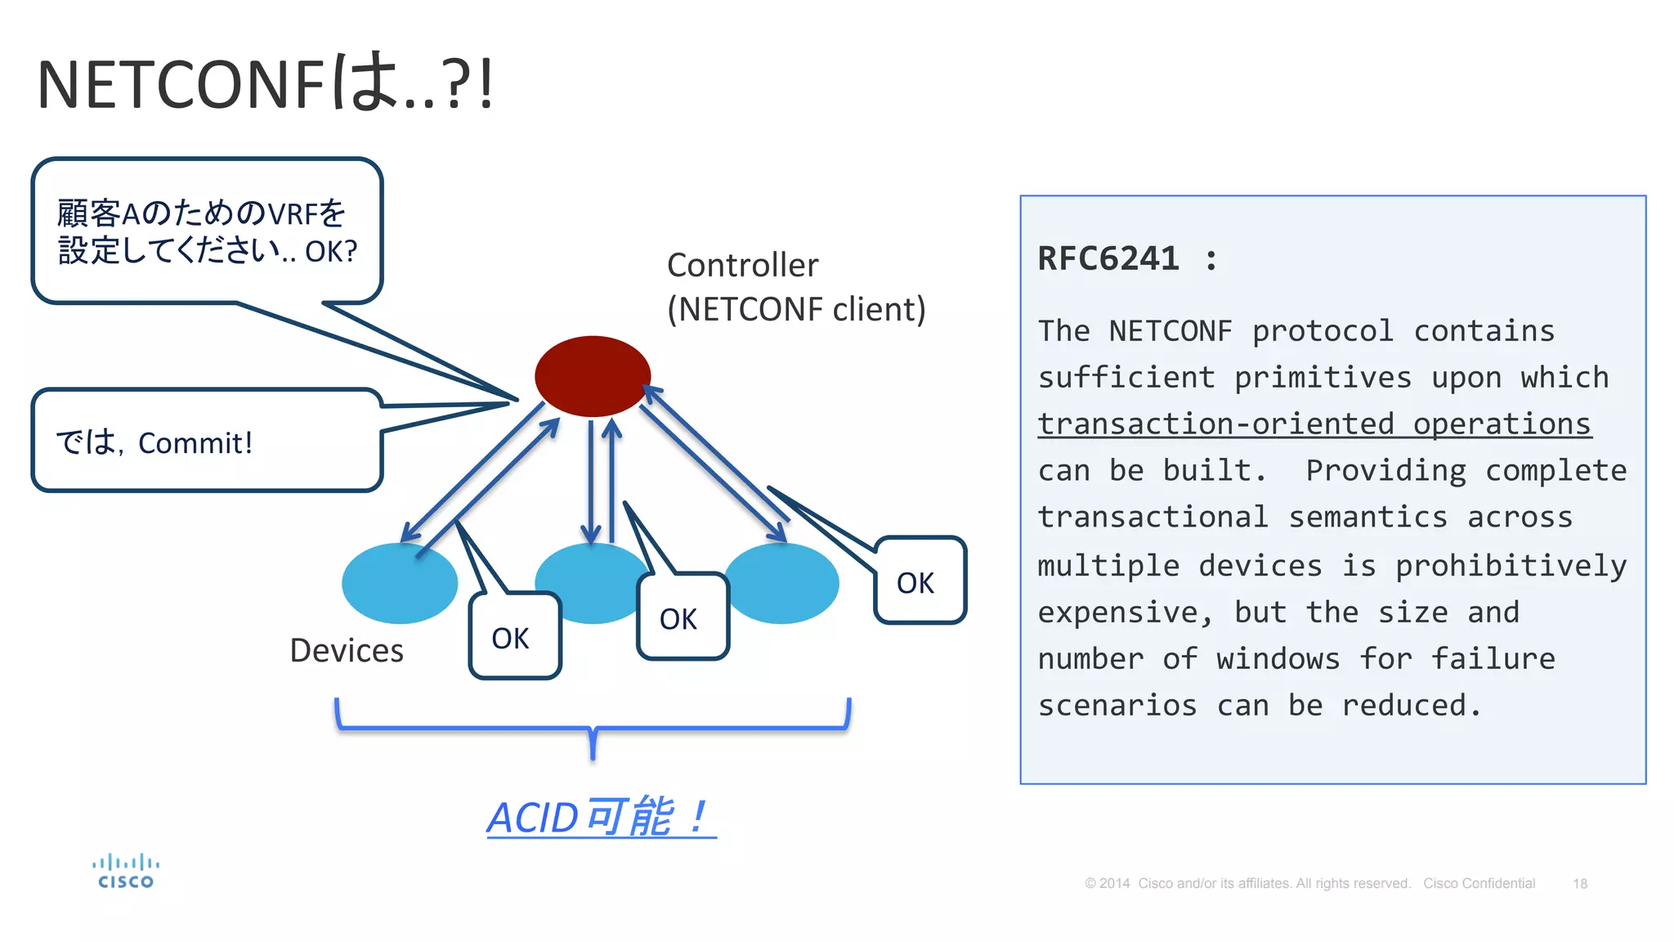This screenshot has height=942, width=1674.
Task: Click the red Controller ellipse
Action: [593, 376]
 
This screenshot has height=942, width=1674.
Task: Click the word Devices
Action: [347, 651]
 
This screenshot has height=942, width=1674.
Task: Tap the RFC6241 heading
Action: [1108, 259]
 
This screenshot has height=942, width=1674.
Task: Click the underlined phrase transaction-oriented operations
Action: [1314, 424]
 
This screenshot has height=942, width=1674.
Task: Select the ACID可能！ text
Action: [601, 817]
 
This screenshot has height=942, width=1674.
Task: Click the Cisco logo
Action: [125, 872]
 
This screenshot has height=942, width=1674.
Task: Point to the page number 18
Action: [1579, 884]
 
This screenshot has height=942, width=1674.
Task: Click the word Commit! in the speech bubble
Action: [195, 443]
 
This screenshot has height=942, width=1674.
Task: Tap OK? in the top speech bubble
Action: [331, 252]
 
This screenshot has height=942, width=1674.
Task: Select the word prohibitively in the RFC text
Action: [1511, 566]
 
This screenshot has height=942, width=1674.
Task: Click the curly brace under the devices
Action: [593, 728]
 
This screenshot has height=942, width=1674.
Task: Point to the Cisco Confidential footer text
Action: [1479, 884]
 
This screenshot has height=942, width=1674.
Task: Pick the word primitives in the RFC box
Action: [1323, 378]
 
